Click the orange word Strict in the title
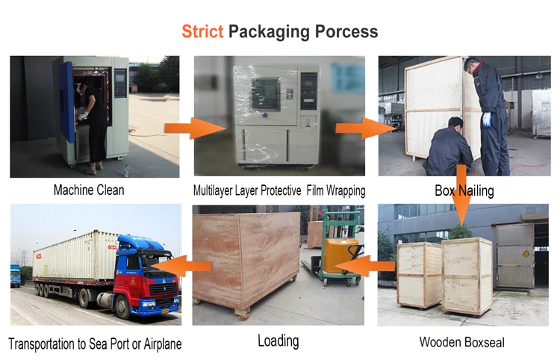click(x=202, y=32)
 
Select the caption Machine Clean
click(x=89, y=190)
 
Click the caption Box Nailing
click(x=464, y=190)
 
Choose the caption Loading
click(x=278, y=341)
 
